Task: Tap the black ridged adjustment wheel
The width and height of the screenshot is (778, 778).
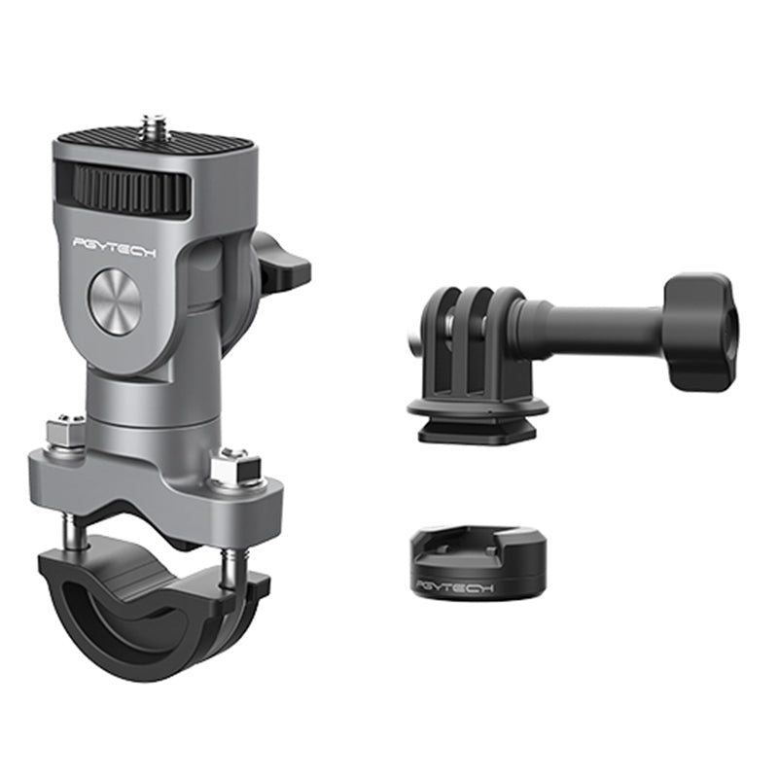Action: pyautogui.click(x=132, y=189)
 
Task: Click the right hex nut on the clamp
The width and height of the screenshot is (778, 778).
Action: pyautogui.click(x=235, y=468)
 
